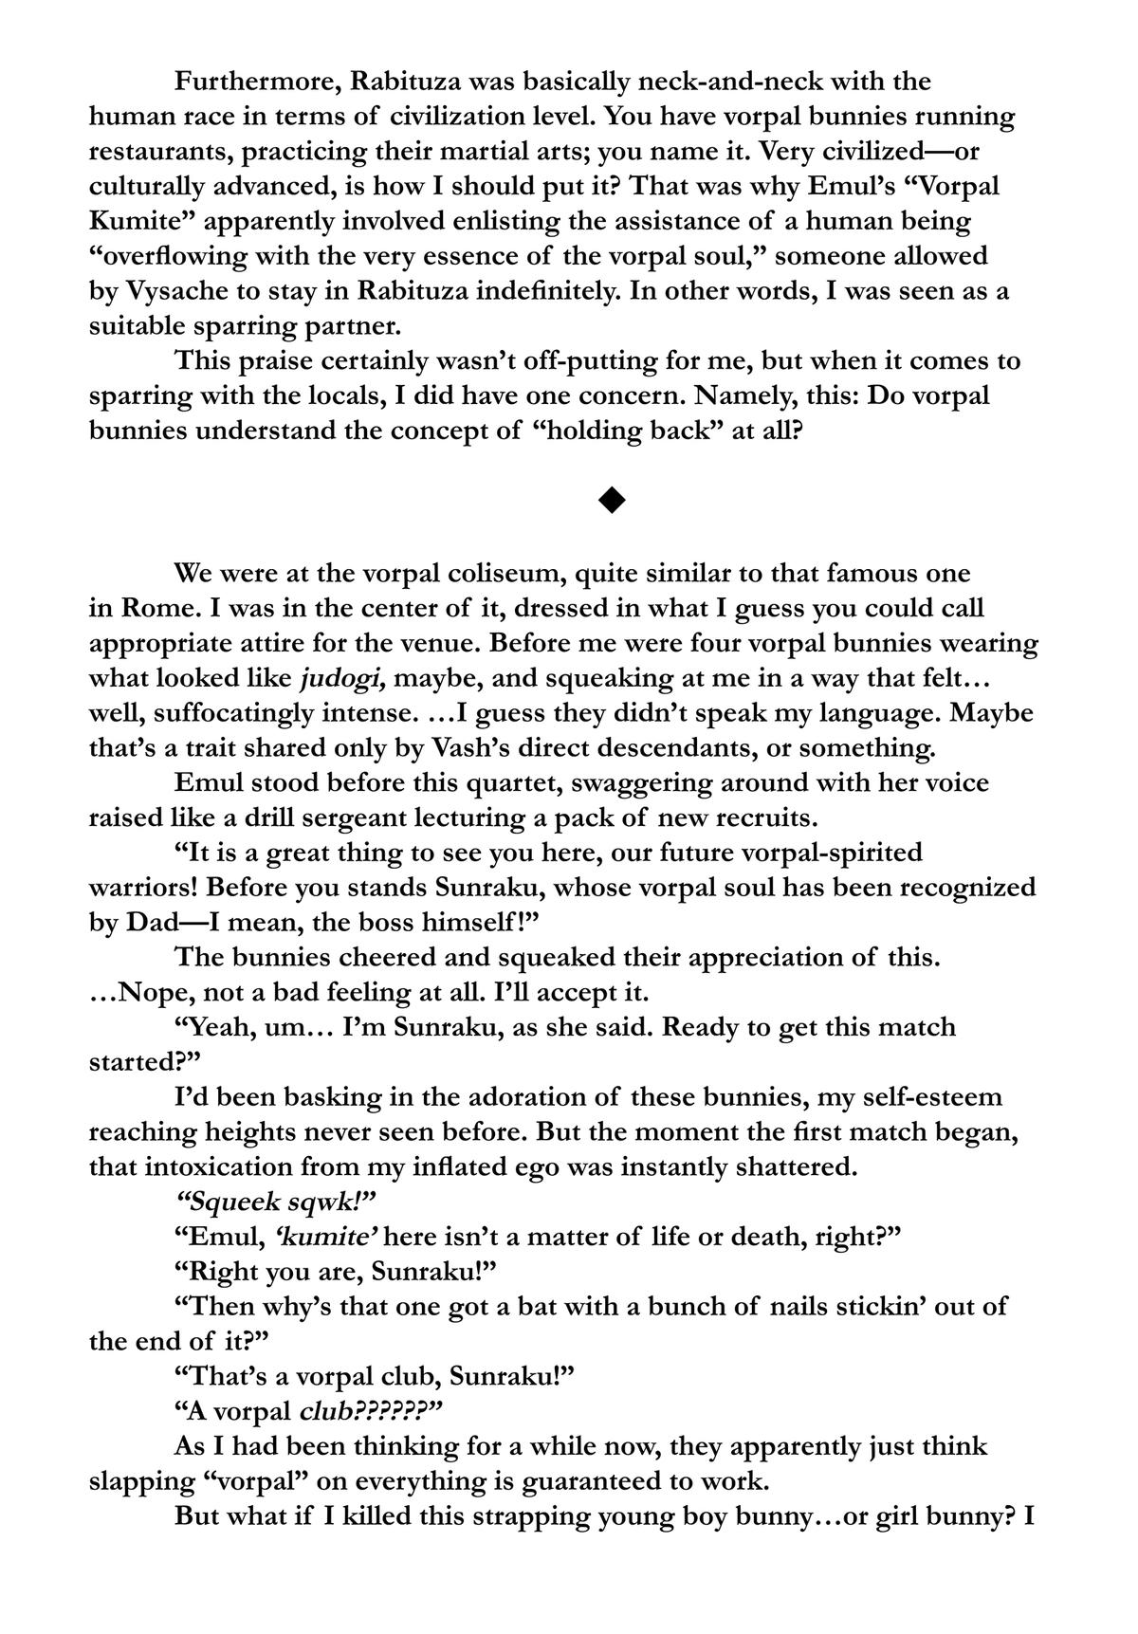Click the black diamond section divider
pos(613,499)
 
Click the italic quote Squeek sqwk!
pos(277,1203)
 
